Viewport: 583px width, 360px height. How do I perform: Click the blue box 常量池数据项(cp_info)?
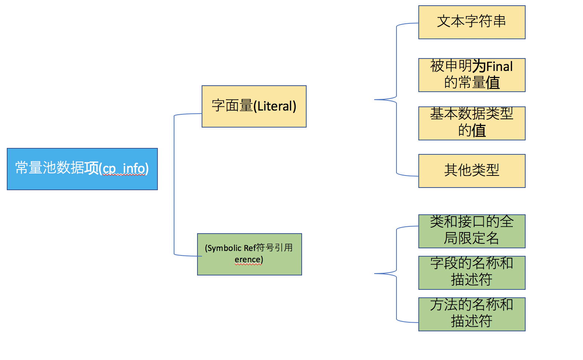[82, 169]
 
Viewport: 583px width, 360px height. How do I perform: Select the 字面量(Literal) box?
[254, 106]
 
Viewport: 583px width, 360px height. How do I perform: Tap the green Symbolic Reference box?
[249, 254]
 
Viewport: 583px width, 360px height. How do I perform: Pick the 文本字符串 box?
[472, 22]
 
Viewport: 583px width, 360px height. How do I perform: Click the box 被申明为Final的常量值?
[472, 75]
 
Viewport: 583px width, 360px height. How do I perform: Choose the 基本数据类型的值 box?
[472, 123]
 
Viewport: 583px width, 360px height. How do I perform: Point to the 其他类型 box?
[472, 171]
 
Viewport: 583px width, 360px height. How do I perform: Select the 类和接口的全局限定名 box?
[472, 231]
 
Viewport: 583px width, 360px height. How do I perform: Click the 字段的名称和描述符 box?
[472, 273]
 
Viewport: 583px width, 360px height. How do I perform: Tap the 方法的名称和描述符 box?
[472, 314]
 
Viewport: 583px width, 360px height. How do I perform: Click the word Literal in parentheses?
[275, 106]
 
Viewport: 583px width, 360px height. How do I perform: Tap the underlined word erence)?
[248, 260]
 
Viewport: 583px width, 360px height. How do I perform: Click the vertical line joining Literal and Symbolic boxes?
[174, 185]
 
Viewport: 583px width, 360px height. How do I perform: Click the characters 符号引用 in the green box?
[274, 248]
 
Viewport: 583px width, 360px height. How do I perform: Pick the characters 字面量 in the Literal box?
[232, 106]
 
